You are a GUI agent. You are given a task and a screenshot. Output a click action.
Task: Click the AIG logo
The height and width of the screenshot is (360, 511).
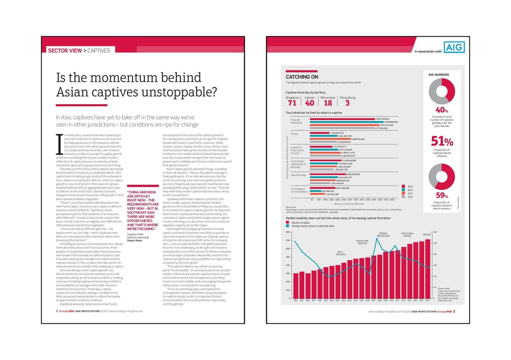coord(454,47)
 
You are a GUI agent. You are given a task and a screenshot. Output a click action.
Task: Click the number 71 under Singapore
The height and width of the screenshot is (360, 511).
coord(292,103)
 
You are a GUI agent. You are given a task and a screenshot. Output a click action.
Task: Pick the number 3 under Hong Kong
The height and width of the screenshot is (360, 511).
coord(347,103)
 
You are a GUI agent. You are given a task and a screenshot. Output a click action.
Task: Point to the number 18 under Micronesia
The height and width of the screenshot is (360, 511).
coord(328,103)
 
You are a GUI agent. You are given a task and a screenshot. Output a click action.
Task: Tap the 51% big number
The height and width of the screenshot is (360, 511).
coord(442,141)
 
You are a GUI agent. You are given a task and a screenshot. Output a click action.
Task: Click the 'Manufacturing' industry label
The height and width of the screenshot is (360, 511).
coord(298,175)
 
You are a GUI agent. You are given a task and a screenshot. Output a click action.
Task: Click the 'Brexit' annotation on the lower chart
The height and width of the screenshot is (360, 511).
coord(427,234)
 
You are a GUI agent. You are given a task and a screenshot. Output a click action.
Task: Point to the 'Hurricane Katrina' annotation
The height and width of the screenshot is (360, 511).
coord(362,242)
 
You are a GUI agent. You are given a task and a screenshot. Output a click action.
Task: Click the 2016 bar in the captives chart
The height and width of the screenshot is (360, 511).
coord(428,269)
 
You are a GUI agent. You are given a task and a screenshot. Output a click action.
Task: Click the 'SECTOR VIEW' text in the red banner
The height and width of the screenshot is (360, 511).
coord(65,50)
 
